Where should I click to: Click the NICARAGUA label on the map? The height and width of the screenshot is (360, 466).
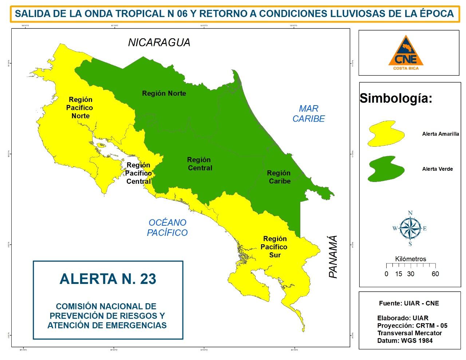(x=159, y=43)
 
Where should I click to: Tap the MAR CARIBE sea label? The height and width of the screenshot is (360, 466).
(x=309, y=114)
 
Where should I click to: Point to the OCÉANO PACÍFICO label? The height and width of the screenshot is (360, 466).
(x=167, y=228)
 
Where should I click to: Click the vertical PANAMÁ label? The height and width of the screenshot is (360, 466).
(x=333, y=257)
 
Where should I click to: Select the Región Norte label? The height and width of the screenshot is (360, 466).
(x=164, y=94)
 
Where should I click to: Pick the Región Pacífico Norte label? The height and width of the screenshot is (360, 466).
(x=80, y=108)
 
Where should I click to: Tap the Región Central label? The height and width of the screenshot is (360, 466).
(x=199, y=164)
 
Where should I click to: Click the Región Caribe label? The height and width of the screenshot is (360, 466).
(x=279, y=177)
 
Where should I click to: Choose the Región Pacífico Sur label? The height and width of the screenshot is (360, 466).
(x=275, y=247)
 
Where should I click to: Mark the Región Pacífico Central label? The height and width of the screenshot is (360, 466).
(x=138, y=173)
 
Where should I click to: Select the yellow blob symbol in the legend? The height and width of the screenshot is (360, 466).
(x=386, y=134)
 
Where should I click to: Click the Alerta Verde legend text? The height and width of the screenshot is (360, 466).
(x=437, y=169)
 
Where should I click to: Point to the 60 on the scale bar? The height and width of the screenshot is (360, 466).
(x=435, y=274)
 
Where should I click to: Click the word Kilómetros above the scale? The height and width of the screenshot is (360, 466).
(x=410, y=259)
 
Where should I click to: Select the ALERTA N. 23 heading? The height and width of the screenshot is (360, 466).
(x=108, y=279)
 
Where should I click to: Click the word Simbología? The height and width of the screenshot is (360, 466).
(x=396, y=98)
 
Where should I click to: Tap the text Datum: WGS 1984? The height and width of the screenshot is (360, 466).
(x=405, y=341)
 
